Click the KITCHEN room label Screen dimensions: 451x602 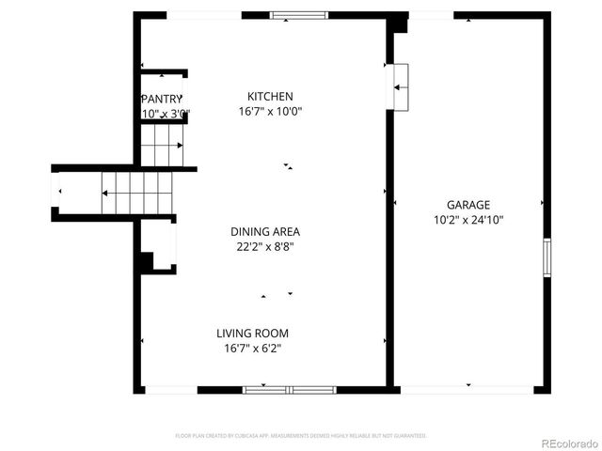(x=270, y=96)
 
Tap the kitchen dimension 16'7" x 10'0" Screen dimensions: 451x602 (x=270, y=111)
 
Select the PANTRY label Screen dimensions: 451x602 (x=161, y=99)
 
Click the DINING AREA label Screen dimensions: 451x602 (x=265, y=231)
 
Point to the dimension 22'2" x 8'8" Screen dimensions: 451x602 (x=265, y=247)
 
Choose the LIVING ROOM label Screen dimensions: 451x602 (x=252, y=333)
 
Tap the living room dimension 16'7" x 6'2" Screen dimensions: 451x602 (x=252, y=349)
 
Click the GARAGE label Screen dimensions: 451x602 (x=467, y=205)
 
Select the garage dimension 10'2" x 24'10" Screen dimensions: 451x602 (x=467, y=221)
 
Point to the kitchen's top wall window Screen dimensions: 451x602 (x=299, y=15)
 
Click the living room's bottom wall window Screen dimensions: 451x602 (x=290, y=389)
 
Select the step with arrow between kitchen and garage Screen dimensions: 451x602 (x=401, y=87)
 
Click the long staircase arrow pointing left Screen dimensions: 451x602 (x=136, y=193)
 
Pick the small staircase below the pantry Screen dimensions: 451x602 (x=161, y=145)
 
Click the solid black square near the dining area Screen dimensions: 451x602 (x=146, y=261)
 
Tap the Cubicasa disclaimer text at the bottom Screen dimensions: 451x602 (x=301, y=436)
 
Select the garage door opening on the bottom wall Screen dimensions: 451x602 (x=467, y=389)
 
